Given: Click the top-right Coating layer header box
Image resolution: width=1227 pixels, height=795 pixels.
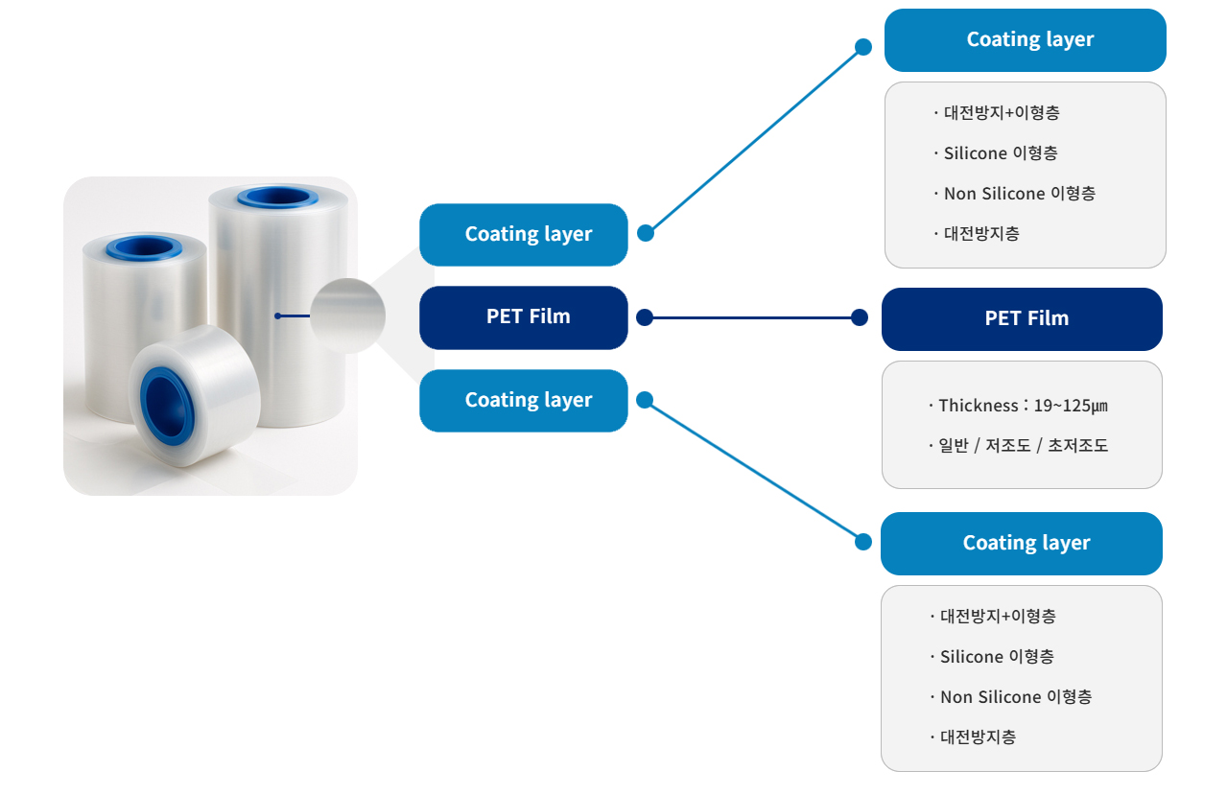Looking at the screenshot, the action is click(1025, 40).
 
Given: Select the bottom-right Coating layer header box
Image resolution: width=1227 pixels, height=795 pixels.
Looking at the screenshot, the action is click(1022, 544).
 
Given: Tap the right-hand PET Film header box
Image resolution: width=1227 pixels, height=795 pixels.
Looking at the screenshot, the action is click(1022, 319).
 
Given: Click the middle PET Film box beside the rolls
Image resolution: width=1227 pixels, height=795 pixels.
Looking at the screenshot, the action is click(524, 317).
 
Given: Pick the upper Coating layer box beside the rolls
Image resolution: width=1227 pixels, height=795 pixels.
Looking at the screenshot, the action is click(524, 235).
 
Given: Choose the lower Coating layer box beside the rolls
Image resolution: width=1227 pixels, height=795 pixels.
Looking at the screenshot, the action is click(524, 401).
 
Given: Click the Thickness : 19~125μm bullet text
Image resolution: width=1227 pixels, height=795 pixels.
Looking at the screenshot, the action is click(1018, 406).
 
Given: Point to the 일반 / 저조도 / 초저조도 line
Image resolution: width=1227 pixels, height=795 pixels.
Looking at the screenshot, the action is click(1018, 446).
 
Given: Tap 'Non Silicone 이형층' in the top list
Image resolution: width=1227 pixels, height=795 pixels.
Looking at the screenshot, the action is click(1015, 194).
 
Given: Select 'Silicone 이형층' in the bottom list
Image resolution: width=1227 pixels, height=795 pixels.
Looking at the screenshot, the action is click(992, 657).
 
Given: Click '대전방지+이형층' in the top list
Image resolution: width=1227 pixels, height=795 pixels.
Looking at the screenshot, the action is click(997, 113).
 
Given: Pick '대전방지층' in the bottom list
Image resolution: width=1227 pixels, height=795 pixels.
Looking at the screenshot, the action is click(974, 737).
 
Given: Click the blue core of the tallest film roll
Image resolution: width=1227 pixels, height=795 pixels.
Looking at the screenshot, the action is click(277, 198).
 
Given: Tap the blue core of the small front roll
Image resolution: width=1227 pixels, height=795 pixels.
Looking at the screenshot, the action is click(167, 406).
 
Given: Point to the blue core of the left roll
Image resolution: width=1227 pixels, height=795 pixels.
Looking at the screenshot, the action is click(144, 248).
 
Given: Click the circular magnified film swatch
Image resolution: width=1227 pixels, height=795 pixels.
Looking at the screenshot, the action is click(348, 316).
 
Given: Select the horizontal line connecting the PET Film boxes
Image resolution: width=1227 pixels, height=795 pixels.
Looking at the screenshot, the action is click(751, 317).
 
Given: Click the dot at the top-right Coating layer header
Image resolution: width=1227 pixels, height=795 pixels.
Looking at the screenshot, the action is click(863, 47).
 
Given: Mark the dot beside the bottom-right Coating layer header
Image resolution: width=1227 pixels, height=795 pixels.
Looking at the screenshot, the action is click(863, 542).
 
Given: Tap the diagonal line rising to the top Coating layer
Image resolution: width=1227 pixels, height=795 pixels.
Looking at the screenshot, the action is click(755, 140).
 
